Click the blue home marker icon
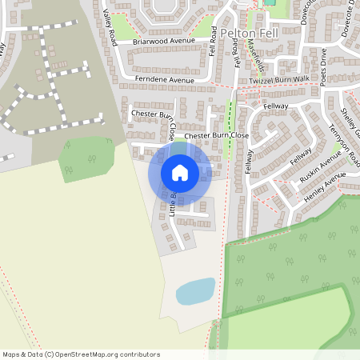180,173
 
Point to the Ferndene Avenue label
165,81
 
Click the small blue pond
196,290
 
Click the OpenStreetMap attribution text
81,354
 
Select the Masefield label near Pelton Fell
254,51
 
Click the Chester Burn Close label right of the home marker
216,137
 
